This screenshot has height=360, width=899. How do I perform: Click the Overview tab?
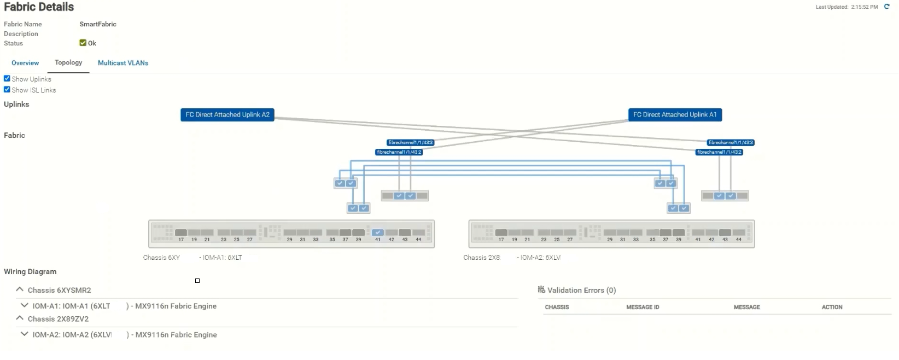click(x=25, y=63)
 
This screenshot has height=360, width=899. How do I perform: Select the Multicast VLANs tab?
click(x=123, y=63)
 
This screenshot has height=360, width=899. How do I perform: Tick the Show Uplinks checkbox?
click(x=7, y=79)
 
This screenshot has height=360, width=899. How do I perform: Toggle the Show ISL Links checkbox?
click(x=7, y=90)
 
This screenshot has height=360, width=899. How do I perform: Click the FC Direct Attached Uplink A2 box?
click(x=227, y=115)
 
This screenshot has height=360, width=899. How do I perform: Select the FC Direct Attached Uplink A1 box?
click(x=675, y=115)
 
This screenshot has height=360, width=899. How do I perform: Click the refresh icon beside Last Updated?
click(x=887, y=7)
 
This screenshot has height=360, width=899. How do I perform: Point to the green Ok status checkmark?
click(x=83, y=43)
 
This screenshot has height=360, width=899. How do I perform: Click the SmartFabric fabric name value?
click(x=98, y=24)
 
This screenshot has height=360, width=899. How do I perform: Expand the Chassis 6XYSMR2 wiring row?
click(x=20, y=289)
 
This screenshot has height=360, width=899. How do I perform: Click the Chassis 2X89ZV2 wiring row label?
click(x=58, y=319)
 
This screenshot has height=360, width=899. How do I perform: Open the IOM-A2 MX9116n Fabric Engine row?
click(x=24, y=334)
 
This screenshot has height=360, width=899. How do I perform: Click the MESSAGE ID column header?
click(x=643, y=307)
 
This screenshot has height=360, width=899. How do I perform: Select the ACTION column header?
click(x=832, y=307)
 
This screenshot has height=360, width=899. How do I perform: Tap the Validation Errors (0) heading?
click(x=581, y=290)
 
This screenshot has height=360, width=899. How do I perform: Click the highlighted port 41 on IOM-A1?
click(x=377, y=233)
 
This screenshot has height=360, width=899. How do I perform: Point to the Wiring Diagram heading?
click(x=30, y=271)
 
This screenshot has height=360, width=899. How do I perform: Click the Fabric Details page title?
click(x=39, y=7)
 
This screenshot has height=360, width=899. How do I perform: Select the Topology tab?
click(x=68, y=62)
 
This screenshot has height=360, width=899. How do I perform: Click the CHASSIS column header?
click(x=557, y=307)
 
